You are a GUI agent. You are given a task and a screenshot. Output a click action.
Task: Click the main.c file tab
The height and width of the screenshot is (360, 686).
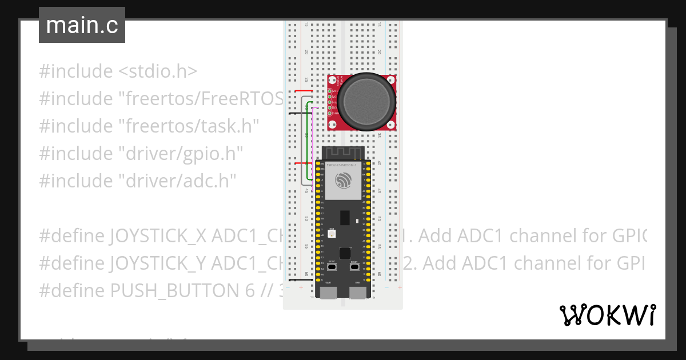[x=82, y=26]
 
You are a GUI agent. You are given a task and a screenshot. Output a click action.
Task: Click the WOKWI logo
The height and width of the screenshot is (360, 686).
[x=607, y=315]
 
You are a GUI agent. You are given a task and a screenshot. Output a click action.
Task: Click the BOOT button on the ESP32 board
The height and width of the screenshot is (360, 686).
[x=332, y=266]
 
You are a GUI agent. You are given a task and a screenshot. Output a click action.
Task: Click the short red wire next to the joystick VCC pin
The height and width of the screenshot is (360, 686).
[x=303, y=91]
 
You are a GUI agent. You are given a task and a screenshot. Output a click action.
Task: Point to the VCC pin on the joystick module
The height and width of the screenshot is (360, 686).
[x=330, y=91]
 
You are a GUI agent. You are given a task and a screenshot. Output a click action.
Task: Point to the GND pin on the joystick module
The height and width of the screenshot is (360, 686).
[x=330, y=113]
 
